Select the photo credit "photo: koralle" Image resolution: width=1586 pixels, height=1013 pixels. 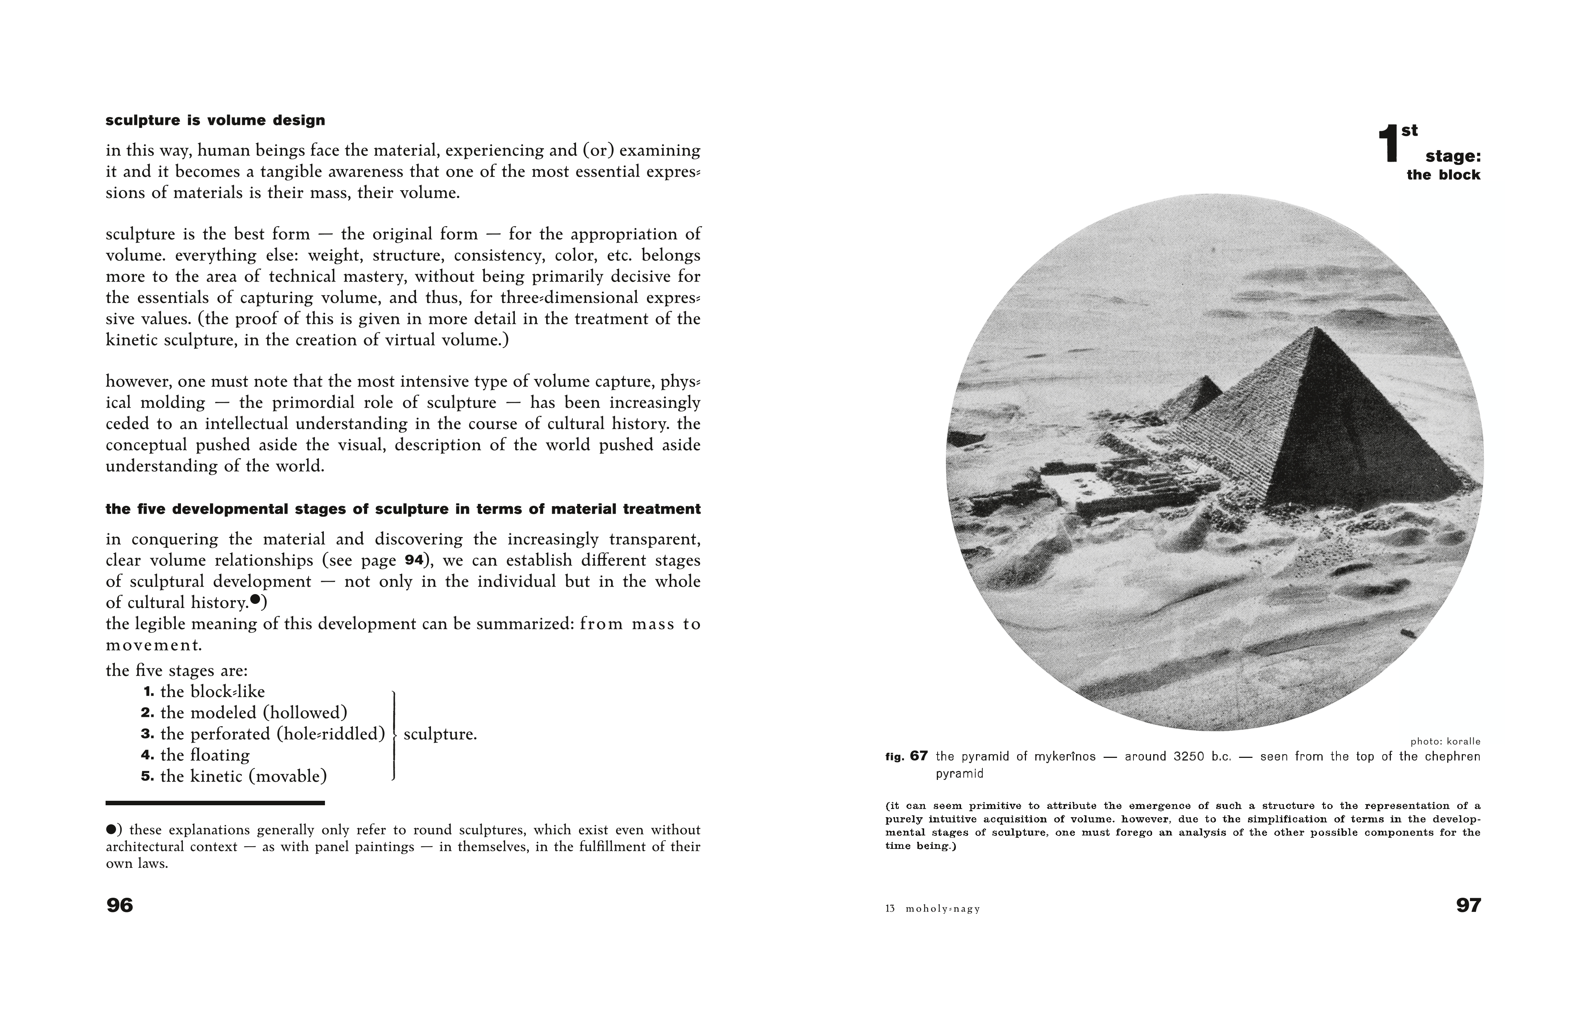tap(1445, 741)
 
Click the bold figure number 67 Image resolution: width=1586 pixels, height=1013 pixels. tap(919, 756)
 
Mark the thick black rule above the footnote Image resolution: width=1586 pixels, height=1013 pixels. tap(215, 803)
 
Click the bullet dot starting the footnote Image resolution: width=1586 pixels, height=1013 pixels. tap(111, 829)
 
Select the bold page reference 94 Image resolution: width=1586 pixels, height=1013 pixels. tap(414, 561)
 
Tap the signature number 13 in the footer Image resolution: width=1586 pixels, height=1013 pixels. tap(890, 909)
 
